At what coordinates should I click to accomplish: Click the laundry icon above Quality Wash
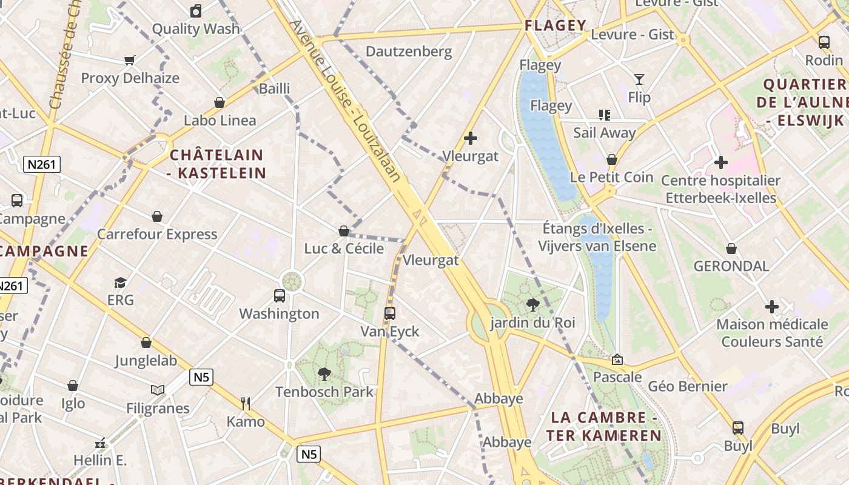click(196, 10)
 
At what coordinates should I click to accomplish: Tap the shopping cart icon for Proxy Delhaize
click(129, 60)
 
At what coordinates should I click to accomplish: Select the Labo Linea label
click(220, 120)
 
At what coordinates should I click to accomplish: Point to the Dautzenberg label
click(409, 52)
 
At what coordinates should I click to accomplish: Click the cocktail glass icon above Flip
click(639, 79)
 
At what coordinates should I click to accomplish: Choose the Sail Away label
click(605, 133)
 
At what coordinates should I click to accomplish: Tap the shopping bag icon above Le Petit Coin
click(612, 159)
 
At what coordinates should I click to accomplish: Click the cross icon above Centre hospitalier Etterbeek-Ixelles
click(720, 162)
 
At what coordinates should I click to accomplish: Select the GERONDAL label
click(731, 266)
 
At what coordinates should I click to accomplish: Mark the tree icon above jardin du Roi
click(533, 304)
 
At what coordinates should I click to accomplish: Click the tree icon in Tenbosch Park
click(324, 373)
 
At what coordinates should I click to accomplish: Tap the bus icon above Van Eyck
click(390, 313)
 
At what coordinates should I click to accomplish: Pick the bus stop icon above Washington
click(279, 295)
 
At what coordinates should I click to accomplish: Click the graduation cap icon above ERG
click(120, 283)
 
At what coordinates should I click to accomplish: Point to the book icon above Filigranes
click(158, 390)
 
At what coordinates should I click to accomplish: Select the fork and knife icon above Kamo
click(246, 403)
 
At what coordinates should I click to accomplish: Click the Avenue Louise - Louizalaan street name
click(346, 101)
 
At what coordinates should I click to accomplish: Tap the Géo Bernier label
click(688, 386)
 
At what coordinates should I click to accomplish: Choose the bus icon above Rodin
click(824, 42)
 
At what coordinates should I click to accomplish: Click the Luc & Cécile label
click(344, 249)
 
